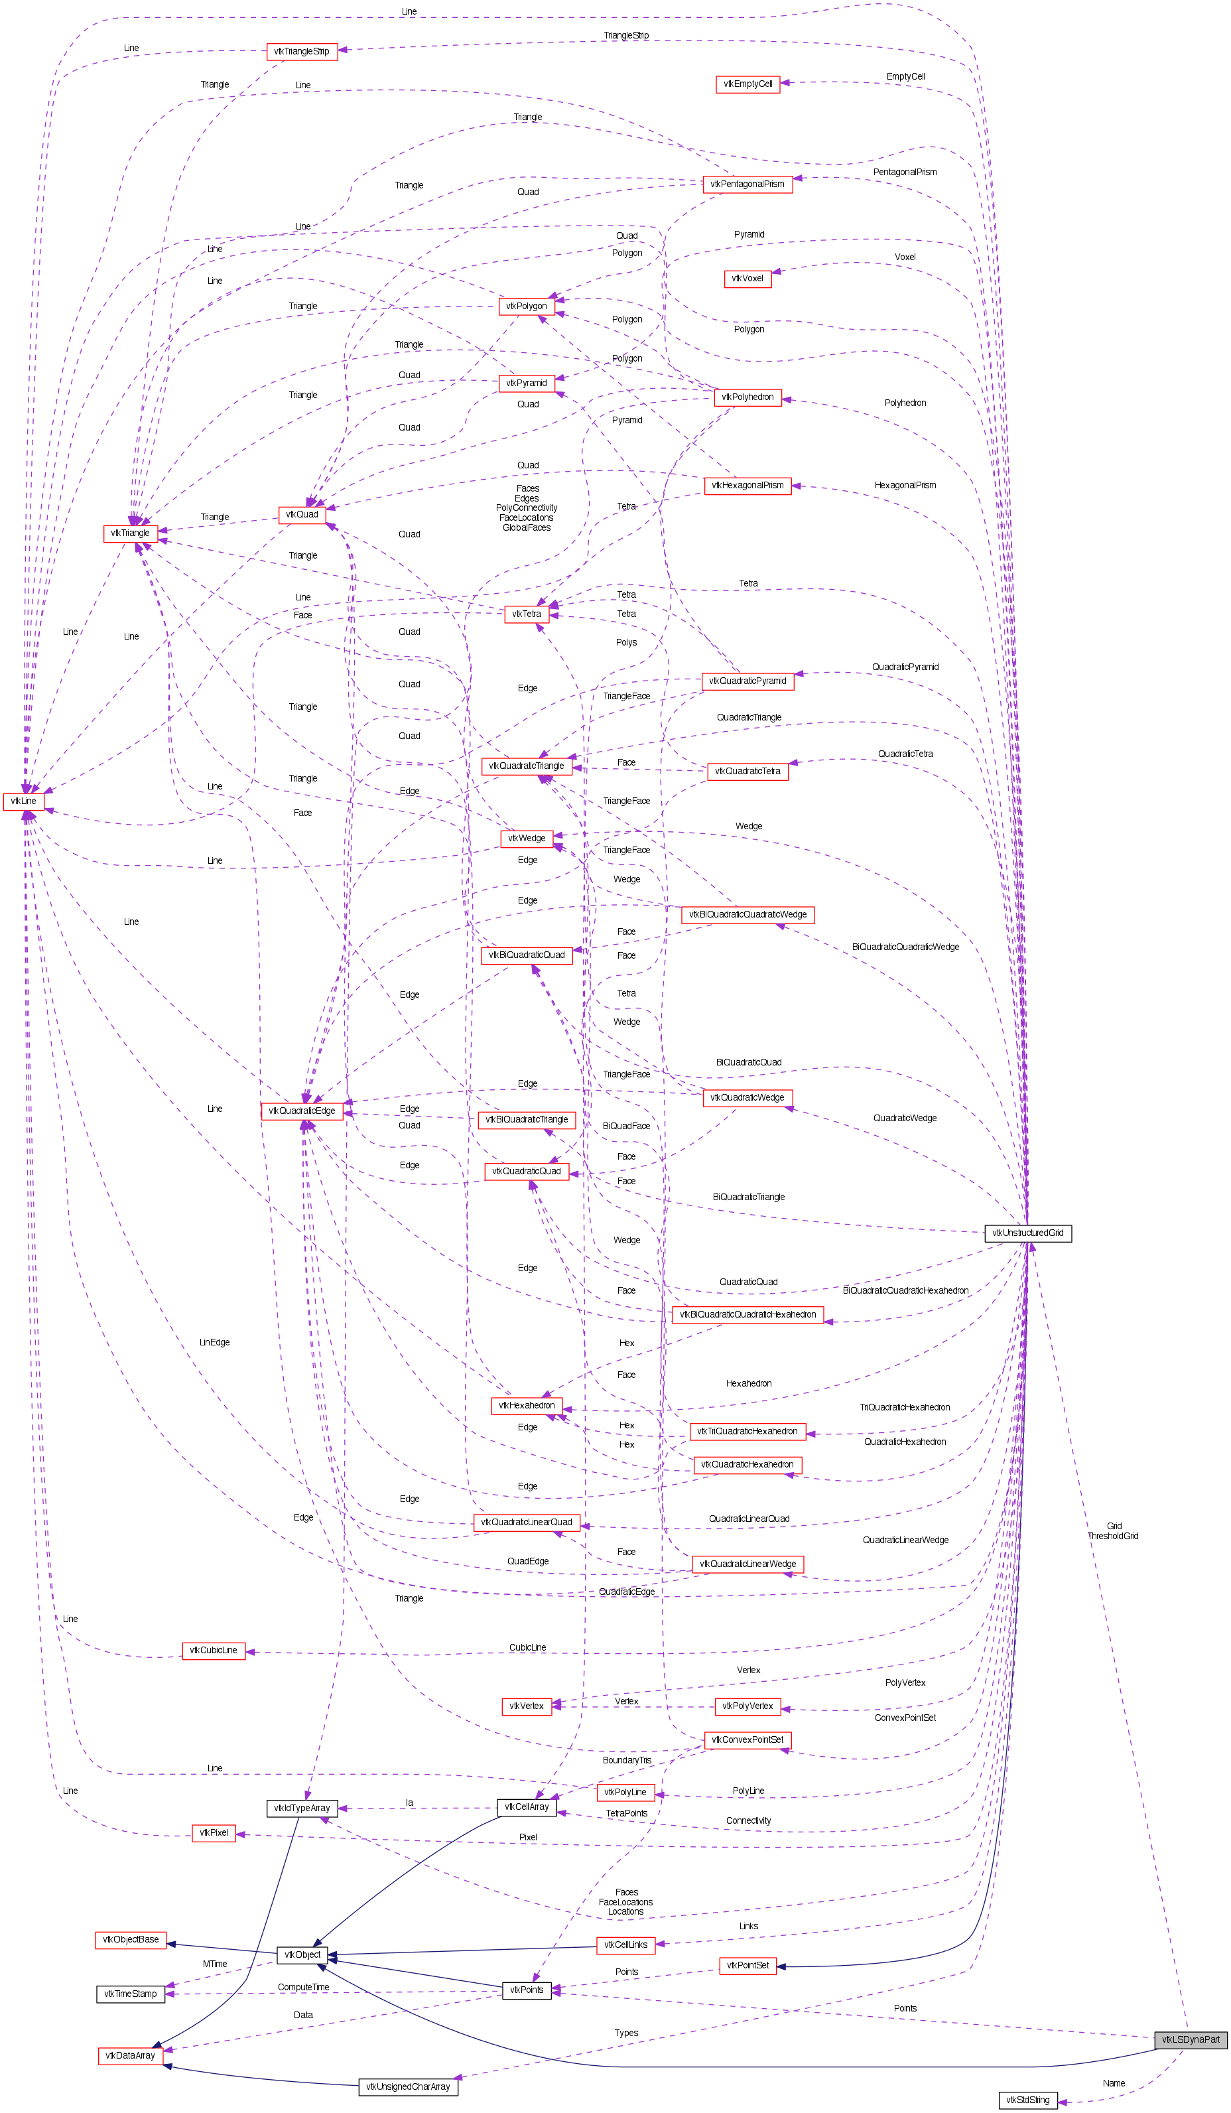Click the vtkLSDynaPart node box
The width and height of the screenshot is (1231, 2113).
click(x=1190, y=2039)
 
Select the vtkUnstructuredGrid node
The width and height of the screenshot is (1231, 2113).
click(x=1027, y=1233)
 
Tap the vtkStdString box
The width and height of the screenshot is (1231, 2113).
click(x=1027, y=2100)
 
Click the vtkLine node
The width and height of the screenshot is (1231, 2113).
click(x=23, y=801)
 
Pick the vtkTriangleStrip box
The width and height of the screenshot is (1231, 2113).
click(x=302, y=51)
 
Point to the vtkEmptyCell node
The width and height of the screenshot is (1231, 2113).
click(x=747, y=84)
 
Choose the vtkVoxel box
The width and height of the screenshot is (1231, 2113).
click(x=747, y=279)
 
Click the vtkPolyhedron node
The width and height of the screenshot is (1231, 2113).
click(x=747, y=397)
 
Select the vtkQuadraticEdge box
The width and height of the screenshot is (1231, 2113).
click(x=302, y=1111)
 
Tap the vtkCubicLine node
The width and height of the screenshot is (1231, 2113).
click(x=213, y=1650)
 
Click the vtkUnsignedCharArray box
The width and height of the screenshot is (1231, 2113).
click(x=409, y=2086)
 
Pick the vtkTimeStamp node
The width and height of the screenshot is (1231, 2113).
click(x=131, y=1994)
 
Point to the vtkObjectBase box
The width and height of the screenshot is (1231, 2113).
click(x=131, y=1939)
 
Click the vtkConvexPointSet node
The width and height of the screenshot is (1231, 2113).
click(x=747, y=1740)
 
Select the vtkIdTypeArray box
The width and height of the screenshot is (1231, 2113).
click(x=302, y=1808)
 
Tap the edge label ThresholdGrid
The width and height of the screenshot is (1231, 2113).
click(x=1113, y=1536)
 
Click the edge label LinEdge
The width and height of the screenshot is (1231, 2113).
click(x=215, y=1342)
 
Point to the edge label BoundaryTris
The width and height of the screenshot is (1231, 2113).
click(x=626, y=1760)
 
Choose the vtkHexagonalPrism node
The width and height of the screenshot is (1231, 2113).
click(x=747, y=485)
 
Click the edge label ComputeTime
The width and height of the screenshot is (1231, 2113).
click(x=304, y=1987)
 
